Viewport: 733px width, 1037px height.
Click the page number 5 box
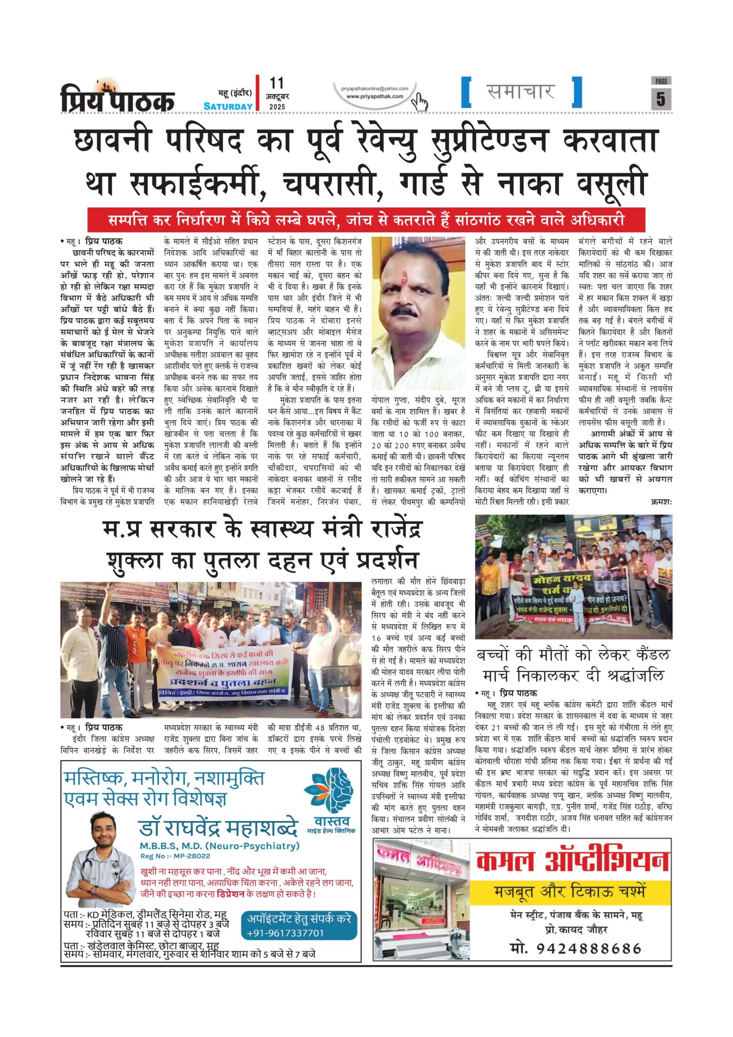pos(661,98)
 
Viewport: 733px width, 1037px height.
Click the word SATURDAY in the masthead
pos(228,106)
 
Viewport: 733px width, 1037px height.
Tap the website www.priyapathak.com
pos(375,96)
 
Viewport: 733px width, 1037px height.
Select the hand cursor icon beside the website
pos(419,101)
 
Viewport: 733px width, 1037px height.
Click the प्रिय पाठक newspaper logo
pos(117,98)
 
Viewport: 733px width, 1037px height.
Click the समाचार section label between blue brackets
pos(521,91)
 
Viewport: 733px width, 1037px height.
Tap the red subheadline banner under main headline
pos(366,220)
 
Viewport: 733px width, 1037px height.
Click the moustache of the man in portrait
pos(405,311)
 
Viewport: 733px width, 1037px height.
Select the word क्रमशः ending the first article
pos(661,501)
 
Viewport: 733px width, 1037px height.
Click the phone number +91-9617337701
pos(285,933)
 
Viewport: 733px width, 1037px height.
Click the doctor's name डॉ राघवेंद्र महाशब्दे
pos(218,828)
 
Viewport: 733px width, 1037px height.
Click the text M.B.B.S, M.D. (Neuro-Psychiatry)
pos(219,846)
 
